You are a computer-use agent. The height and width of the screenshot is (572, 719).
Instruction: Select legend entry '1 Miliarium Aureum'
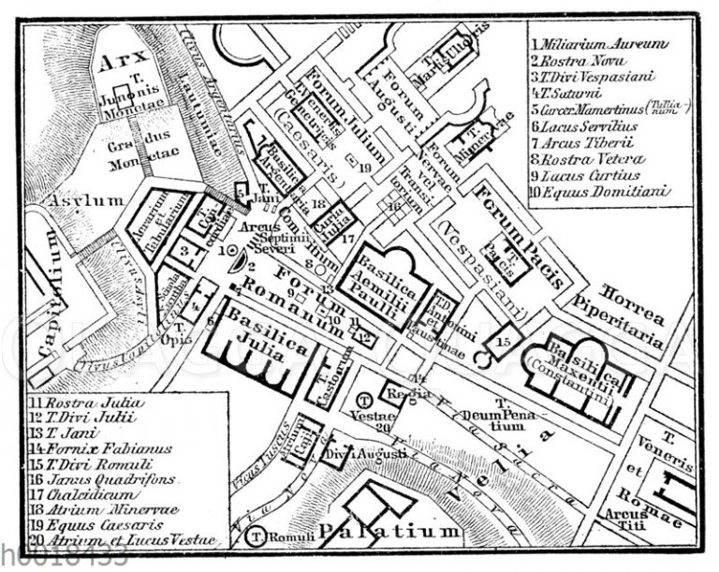tap(599, 43)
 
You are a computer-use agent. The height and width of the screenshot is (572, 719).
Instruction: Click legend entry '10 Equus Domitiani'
tap(599, 192)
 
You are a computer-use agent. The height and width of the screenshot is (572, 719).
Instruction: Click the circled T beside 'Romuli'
tap(254, 537)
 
